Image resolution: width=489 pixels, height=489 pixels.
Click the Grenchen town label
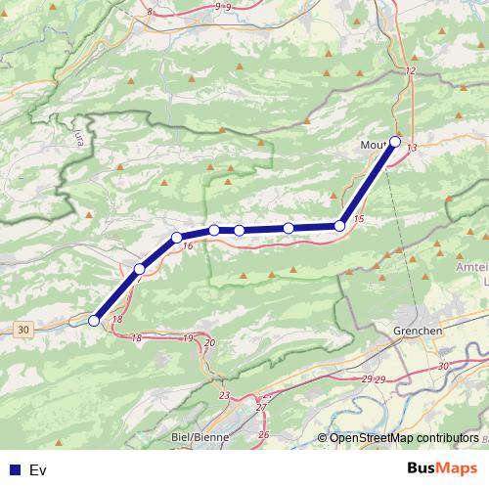[x=417, y=331]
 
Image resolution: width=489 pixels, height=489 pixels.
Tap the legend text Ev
[x=38, y=470]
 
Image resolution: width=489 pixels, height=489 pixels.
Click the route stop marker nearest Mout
[x=395, y=141]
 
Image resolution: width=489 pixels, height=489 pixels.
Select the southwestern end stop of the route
[x=94, y=320]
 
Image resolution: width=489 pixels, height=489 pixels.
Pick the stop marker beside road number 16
[x=177, y=238]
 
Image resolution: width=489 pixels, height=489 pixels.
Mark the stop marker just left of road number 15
[x=339, y=226]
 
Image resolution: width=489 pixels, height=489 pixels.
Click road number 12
[x=410, y=72]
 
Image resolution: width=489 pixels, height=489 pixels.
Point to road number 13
[x=414, y=148]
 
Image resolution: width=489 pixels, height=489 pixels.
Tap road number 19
[x=188, y=338]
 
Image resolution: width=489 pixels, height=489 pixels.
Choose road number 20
[x=209, y=343]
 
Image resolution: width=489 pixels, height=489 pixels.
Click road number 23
[x=224, y=395]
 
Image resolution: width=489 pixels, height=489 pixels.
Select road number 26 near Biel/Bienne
[x=264, y=433]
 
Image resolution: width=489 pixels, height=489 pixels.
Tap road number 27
[x=261, y=407]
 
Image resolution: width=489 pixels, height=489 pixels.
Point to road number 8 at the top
[x=151, y=12]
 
